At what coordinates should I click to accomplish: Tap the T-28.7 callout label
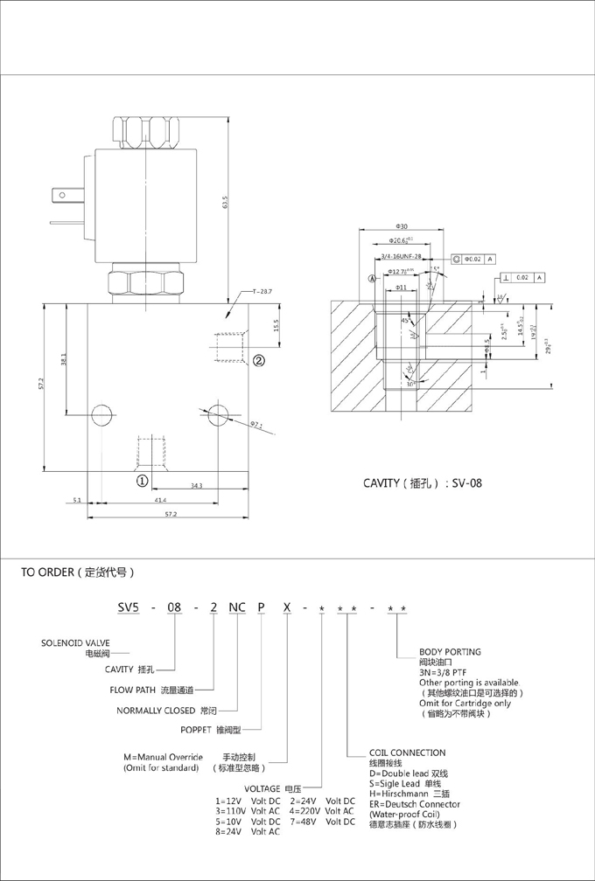pyautogui.click(x=262, y=290)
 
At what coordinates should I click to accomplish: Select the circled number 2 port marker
pyautogui.click(x=259, y=359)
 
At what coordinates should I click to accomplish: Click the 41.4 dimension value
pyautogui.click(x=159, y=501)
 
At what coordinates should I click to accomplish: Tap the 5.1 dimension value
pyautogui.click(x=77, y=501)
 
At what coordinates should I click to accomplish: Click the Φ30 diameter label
pyautogui.click(x=402, y=226)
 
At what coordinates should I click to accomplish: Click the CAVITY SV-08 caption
pyautogui.click(x=423, y=482)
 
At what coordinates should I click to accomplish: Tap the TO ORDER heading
pyautogui.click(x=78, y=573)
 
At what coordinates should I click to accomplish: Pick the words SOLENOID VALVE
pyautogui.click(x=76, y=642)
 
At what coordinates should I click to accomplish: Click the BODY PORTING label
pyautogui.click(x=450, y=652)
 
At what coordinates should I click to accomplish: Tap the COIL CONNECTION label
pyautogui.click(x=407, y=753)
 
